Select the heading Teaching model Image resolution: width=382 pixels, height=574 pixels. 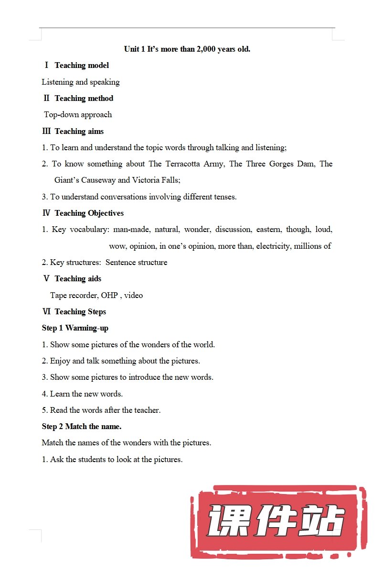[82, 65]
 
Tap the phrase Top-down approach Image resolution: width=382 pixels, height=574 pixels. [78, 114]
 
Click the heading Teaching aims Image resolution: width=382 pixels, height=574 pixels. [79, 131]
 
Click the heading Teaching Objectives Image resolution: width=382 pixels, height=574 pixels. [89, 213]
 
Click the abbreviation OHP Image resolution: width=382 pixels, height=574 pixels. [109, 295]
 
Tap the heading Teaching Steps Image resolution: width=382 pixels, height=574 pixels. [80, 311]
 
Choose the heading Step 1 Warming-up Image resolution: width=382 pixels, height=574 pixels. [75, 328]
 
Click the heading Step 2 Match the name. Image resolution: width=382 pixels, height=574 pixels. [82, 426]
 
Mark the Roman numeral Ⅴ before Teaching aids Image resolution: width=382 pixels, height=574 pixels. [46, 278]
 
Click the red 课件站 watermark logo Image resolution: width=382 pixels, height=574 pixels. [277, 521]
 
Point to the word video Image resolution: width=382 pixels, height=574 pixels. [133, 295]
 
